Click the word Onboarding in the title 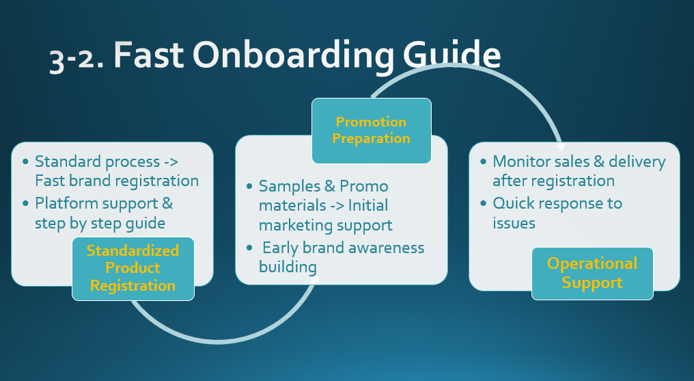coord(293,55)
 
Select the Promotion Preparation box coord(372,131)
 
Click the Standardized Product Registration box coord(133,268)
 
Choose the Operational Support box coord(592,274)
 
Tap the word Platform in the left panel coord(68,203)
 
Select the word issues coord(514,223)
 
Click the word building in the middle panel coord(288,267)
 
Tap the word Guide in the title coord(452,55)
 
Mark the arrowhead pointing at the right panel coord(560,146)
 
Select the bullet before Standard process coord(25,161)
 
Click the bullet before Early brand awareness coord(249,248)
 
